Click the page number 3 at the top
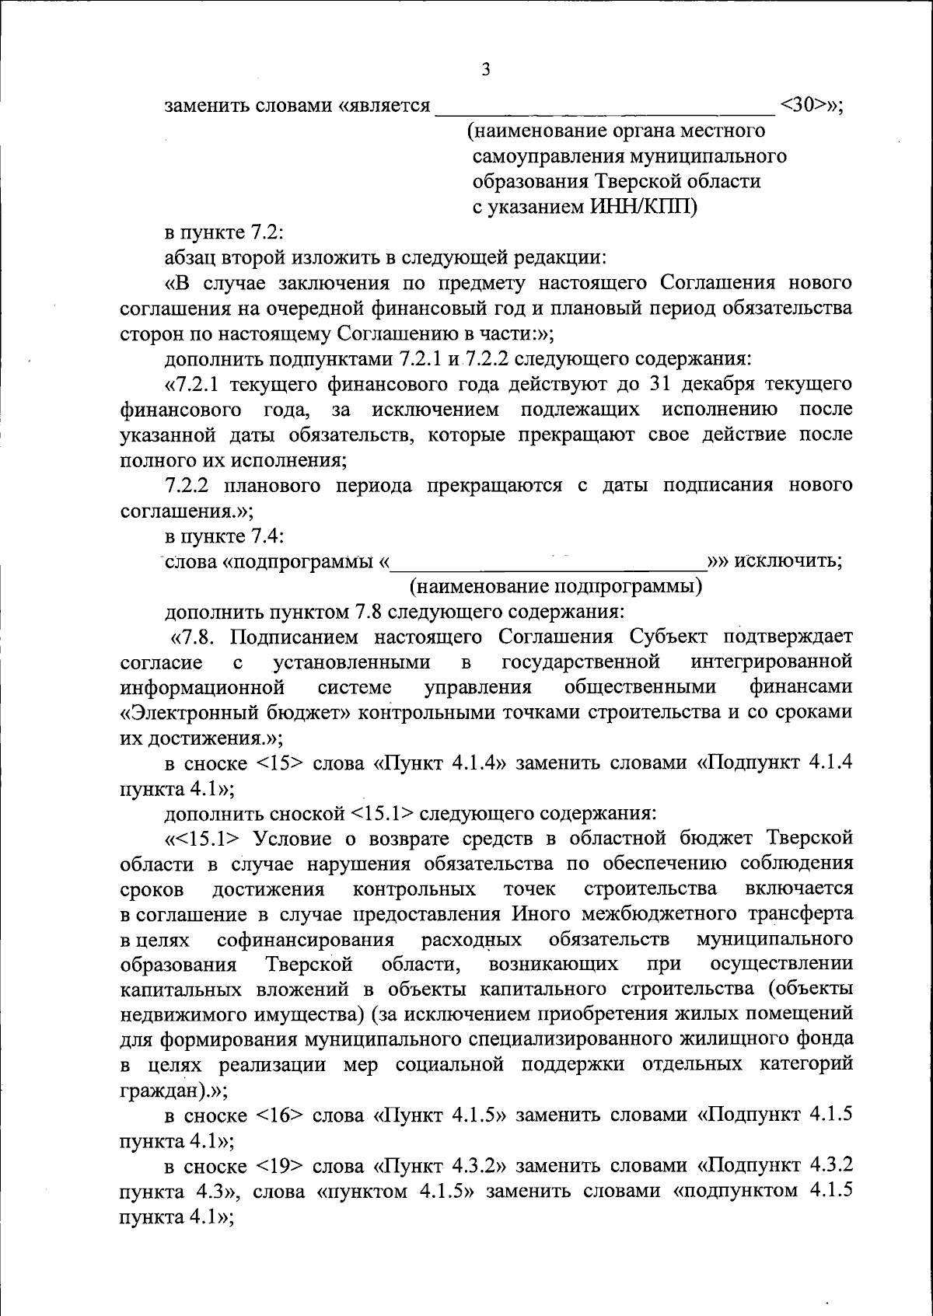pyautogui.click(x=486, y=69)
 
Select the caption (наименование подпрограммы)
pyautogui.click(x=557, y=585)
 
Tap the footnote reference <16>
pyautogui.click(x=272, y=1115)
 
